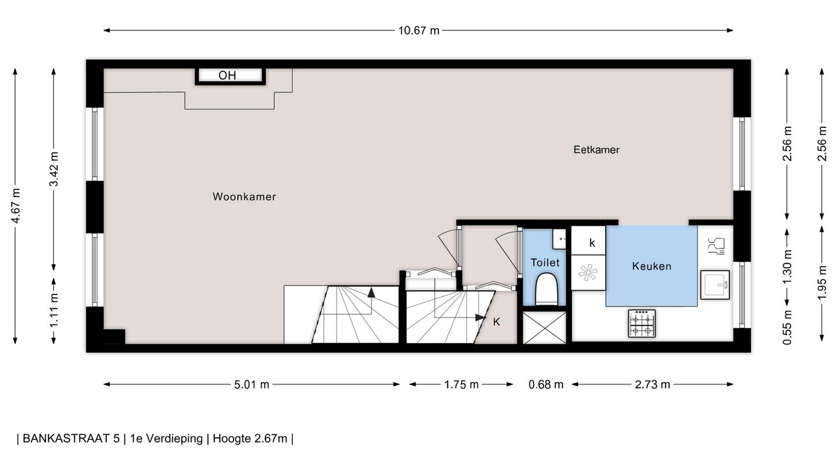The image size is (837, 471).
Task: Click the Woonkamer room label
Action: pos(244,197)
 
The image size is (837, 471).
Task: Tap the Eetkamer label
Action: pos(596,150)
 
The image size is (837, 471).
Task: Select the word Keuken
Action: pos(652,266)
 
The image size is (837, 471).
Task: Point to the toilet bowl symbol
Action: pos(546,288)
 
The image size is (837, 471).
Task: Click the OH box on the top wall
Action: pos(230,76)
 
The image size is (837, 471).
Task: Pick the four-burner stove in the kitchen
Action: pos(642,323)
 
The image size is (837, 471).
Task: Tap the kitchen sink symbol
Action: pos(715,285)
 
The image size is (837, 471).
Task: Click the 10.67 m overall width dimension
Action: pos(419,31)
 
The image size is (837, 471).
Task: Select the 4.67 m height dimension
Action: pos(15,206)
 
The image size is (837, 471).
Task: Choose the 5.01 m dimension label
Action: pos(252,384)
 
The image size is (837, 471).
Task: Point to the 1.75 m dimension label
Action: pos(461,384)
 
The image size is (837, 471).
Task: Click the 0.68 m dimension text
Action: pos(546,384)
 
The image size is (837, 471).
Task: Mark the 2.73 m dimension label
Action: pos(652,384)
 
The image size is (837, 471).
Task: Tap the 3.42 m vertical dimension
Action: pos(54,169)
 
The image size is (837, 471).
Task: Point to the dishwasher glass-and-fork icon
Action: pos(716,247)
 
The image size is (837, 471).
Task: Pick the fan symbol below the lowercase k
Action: pos(588,272)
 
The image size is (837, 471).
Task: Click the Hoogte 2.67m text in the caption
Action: pos(250,438)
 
